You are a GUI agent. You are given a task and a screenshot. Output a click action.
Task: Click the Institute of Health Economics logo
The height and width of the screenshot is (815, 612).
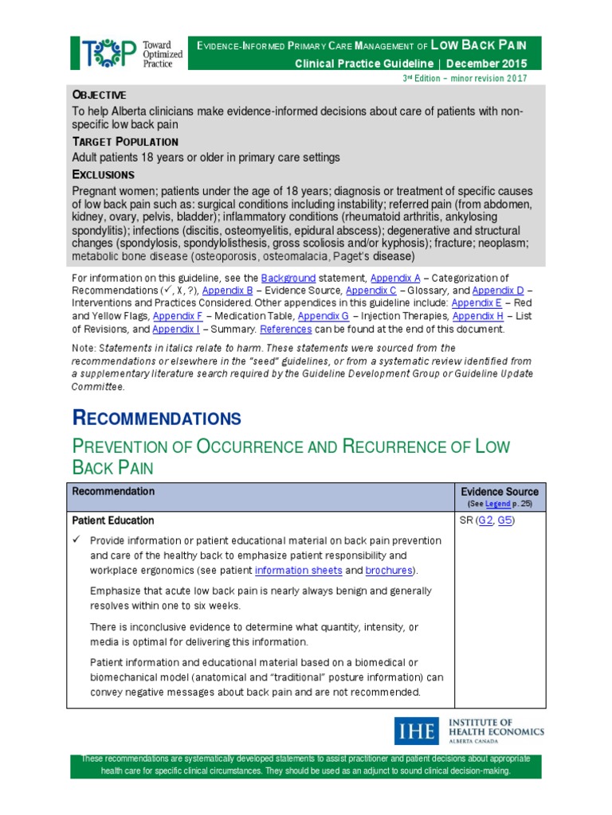[x=469, y=731]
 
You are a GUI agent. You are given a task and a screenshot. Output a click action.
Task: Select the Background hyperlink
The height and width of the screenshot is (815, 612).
[x=289, y=278]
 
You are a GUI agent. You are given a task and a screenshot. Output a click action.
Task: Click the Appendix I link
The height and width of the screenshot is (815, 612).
[x=175, y=329]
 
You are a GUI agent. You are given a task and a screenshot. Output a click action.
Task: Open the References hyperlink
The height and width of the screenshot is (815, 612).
[x=286, y=329]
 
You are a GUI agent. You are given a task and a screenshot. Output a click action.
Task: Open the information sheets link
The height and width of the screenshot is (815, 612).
[x=298, y=571]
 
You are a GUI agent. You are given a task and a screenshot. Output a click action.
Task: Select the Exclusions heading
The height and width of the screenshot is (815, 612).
[x=104, y=174]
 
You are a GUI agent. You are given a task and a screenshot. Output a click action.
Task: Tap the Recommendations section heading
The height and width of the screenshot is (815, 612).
[x=156, y=418]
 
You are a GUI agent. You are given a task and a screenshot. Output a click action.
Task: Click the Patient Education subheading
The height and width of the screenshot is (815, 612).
[x=113, y=521]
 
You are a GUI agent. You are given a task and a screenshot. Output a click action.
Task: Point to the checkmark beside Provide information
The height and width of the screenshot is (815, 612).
[x=77, y=540]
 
